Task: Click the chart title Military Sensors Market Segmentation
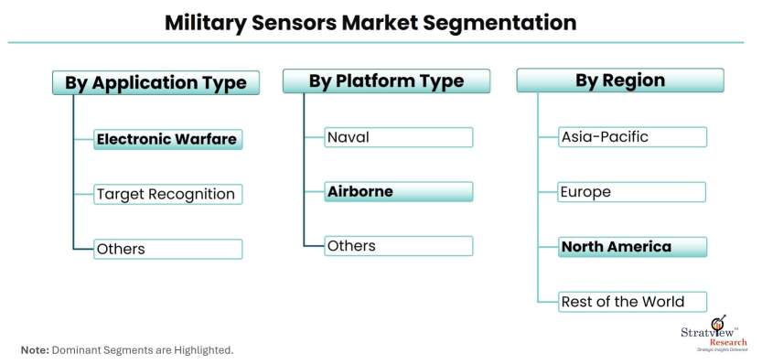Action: [x=370, y=22]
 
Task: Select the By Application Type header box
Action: [x=156, y=82]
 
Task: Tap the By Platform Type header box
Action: [x=386, y=81]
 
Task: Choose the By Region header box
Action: [x=620, y=80]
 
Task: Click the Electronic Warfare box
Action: [x=167, y=140]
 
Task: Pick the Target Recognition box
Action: [x=167, y=195]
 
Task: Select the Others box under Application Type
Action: [x=167, y=249]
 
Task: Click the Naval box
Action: [x=399, y=137]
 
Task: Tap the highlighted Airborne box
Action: [x=399, y=191]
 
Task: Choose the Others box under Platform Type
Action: [x=399, y=246]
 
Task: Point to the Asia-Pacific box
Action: [x=632, y=137]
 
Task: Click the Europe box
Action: [x=632, y=192]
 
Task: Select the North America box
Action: [x=632, y=247]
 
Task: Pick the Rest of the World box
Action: [x=632, y=302]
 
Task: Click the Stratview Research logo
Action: [x=714, y=334]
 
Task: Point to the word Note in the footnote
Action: [x=35, y=350]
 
